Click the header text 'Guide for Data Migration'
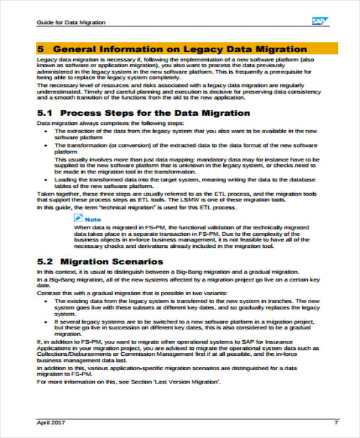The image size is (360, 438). pyautogui.click(x=63, y=22)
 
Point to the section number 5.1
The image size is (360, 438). pyautogui.click(x=46, y=113)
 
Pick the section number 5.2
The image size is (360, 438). pyautogui.click(x=46, y=262)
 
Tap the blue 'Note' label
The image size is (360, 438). pyautogui.click(x=93, y=220)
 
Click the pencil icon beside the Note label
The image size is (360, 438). pyautogui.click(x=78, y=220)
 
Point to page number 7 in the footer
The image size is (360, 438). pyautogui.click(x=336, y=422)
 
